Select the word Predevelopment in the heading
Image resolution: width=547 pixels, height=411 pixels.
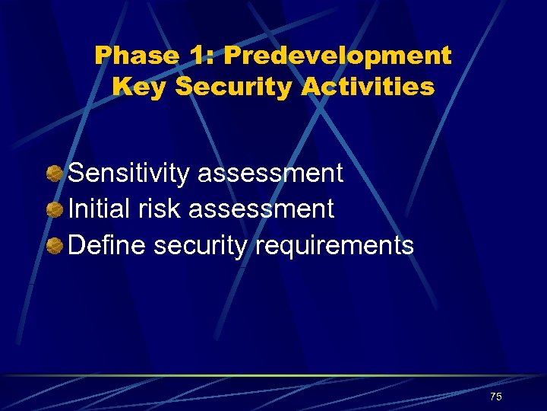tap(337, 56)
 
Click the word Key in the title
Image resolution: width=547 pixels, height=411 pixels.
tap(140, 87)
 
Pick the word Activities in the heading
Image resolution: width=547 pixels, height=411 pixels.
tap(368, 87)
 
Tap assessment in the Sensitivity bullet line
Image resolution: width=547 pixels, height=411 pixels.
tap(270, 174)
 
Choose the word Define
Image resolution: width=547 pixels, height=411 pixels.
tap(107, 245)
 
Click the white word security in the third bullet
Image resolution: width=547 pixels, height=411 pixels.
tap(200, 245)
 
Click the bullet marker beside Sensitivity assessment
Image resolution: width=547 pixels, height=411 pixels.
tap(54, 174)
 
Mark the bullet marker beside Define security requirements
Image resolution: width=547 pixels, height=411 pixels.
tap(54, 245)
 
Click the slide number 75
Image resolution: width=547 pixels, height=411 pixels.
tap(495, 397)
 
